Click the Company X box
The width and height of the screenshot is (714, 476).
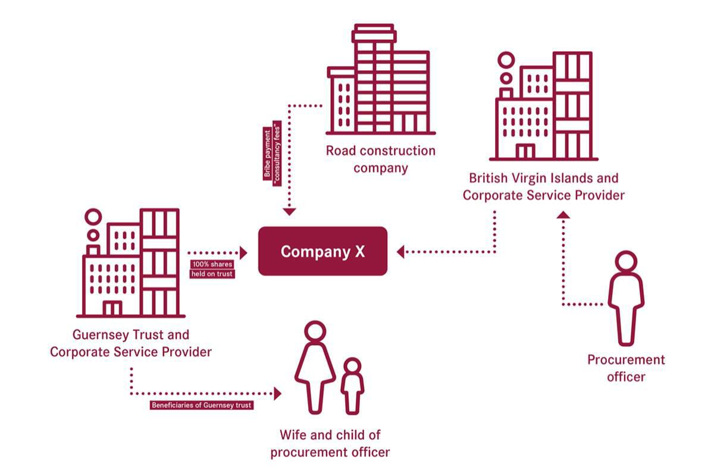coord(322,251)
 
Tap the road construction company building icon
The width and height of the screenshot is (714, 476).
coord(380,79)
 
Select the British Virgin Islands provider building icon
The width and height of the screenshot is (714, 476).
coord(544,106)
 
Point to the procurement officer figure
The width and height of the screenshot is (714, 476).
coord(626,298)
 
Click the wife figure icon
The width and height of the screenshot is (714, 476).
coord(315,367)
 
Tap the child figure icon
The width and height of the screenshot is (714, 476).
coord(352,386)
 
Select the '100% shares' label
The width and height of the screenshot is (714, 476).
coord(212,264)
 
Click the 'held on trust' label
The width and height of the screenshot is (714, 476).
coord(212,274)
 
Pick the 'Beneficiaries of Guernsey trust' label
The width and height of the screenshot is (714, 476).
coord(202,405)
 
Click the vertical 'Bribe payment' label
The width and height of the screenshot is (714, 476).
coord(267,154)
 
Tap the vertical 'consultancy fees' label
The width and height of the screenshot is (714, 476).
coord(277,153)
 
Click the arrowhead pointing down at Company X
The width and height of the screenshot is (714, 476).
coord(289,212)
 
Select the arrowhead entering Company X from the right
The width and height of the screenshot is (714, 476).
coord(400,252)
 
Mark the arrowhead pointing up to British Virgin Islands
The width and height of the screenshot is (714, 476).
coord(563,215)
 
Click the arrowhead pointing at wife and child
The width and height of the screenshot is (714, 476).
coord(278,393)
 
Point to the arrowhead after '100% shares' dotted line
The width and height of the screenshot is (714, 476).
coord(244,253)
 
